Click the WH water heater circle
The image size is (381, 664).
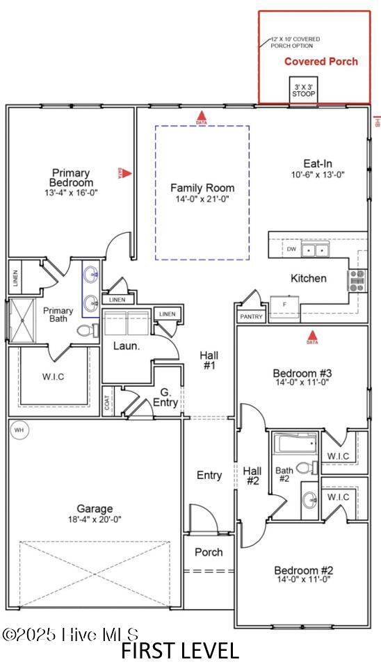pyautogui.click(x=19, y=430)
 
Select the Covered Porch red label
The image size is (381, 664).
pyautogui.click(x=321, y=61)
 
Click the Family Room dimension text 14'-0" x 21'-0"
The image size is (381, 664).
pyautogui.click(x=202, y=199)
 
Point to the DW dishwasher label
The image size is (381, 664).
pyautogui.click(x=291, y=249)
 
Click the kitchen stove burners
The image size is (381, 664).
pyautogui.click(x=356, y=280)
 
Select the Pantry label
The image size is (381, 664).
pyautogui.click(x=251, y=316)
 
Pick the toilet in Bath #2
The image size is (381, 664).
pyautogui.click(x=304, y=468)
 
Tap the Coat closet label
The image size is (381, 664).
pyautogui.click(x=108, y=405)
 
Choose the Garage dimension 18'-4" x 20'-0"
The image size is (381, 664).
pyautogui.click(x=95, y=519)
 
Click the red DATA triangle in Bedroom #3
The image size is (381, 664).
pyautogui.click(x=312, y=338)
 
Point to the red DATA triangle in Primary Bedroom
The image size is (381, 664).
pyautogui.click(x=125, y=172)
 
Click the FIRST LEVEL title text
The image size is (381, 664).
pyautogui.click(x=179, y=650)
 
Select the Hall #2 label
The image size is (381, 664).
pyautogui.click(x=252, y=476)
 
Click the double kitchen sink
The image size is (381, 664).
pyautogui.click(x=316, y=250)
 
